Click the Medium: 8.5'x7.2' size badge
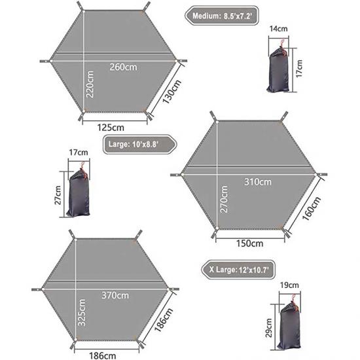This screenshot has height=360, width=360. pyautogui.click(x=222, y=16)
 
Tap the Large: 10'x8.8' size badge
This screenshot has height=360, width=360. pyautogui.click(x=140, y=145)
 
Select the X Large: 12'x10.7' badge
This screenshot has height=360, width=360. pyautogui.click(x=238, y=270)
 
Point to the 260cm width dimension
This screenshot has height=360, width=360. pyautogui.click(x=123, y=67)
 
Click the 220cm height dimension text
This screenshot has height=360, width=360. pyautogui.click(x=90, y=84)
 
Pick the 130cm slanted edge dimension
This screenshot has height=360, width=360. pyautogui.click(x=172, y=92)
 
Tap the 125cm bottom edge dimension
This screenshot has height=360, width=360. pyautogui.click(x=111, y=128)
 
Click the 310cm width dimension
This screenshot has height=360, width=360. pyautogui.click(x=258, y=182)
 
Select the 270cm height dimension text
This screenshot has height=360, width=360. pyautogui.click(x=224, y=199)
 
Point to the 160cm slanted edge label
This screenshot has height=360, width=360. pyautogui.click(x=312, y=208)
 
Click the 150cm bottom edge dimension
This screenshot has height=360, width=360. pyautogui.click(x=250, y=243)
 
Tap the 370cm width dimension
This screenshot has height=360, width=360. pyautogui.click(x=115, y=295)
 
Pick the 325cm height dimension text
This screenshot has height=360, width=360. pyautogui.click(x=82, y=312)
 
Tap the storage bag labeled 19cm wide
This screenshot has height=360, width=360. pyautogui.click(x=289, y=322)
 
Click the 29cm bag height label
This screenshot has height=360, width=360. pyautogui.click(x=268, y=328)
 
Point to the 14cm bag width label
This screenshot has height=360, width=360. pyautogui.click(x=278, y=29)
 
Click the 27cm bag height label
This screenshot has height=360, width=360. pyautogui.click(x=58, y=195)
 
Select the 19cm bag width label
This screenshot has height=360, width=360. pyautogui.click(x=289, y=285)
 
